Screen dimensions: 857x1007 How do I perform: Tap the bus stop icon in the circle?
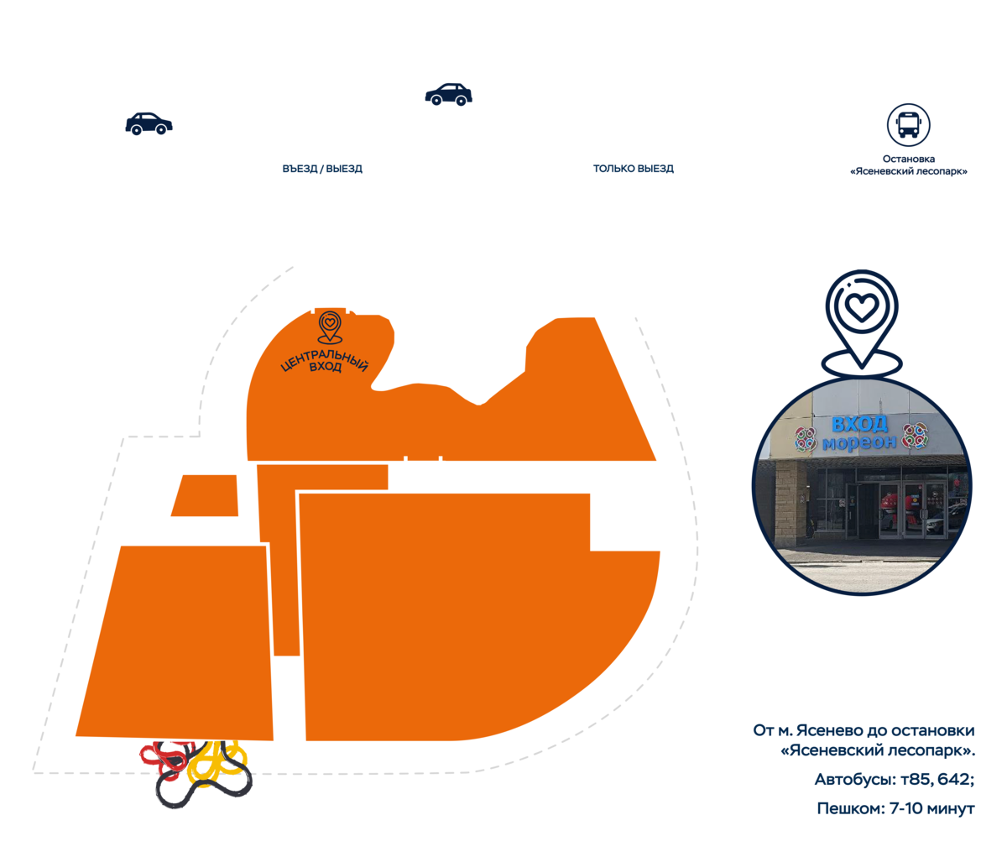point(909,124)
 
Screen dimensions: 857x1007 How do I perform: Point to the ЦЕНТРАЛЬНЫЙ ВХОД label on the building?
point(326,363)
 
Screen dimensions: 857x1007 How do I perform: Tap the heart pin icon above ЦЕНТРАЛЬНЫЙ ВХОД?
point(331,326)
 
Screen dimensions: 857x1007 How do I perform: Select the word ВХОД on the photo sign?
point(859,424)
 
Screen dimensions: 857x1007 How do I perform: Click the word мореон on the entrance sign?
point(858,443)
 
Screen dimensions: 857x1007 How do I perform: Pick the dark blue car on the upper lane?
point(449,92)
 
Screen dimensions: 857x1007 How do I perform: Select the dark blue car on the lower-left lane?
point(149,124)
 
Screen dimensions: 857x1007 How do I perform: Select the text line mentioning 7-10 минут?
point(895,809)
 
